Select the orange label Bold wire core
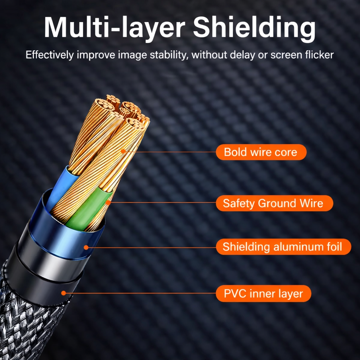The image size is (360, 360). (x=261, y=152)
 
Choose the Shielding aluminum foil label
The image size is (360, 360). (x=283, y=247)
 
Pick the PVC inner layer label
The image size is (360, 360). (x=263, y=294)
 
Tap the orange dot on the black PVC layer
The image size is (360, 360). (x=64, y=292)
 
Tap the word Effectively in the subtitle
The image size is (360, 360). (x=50, y=55)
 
